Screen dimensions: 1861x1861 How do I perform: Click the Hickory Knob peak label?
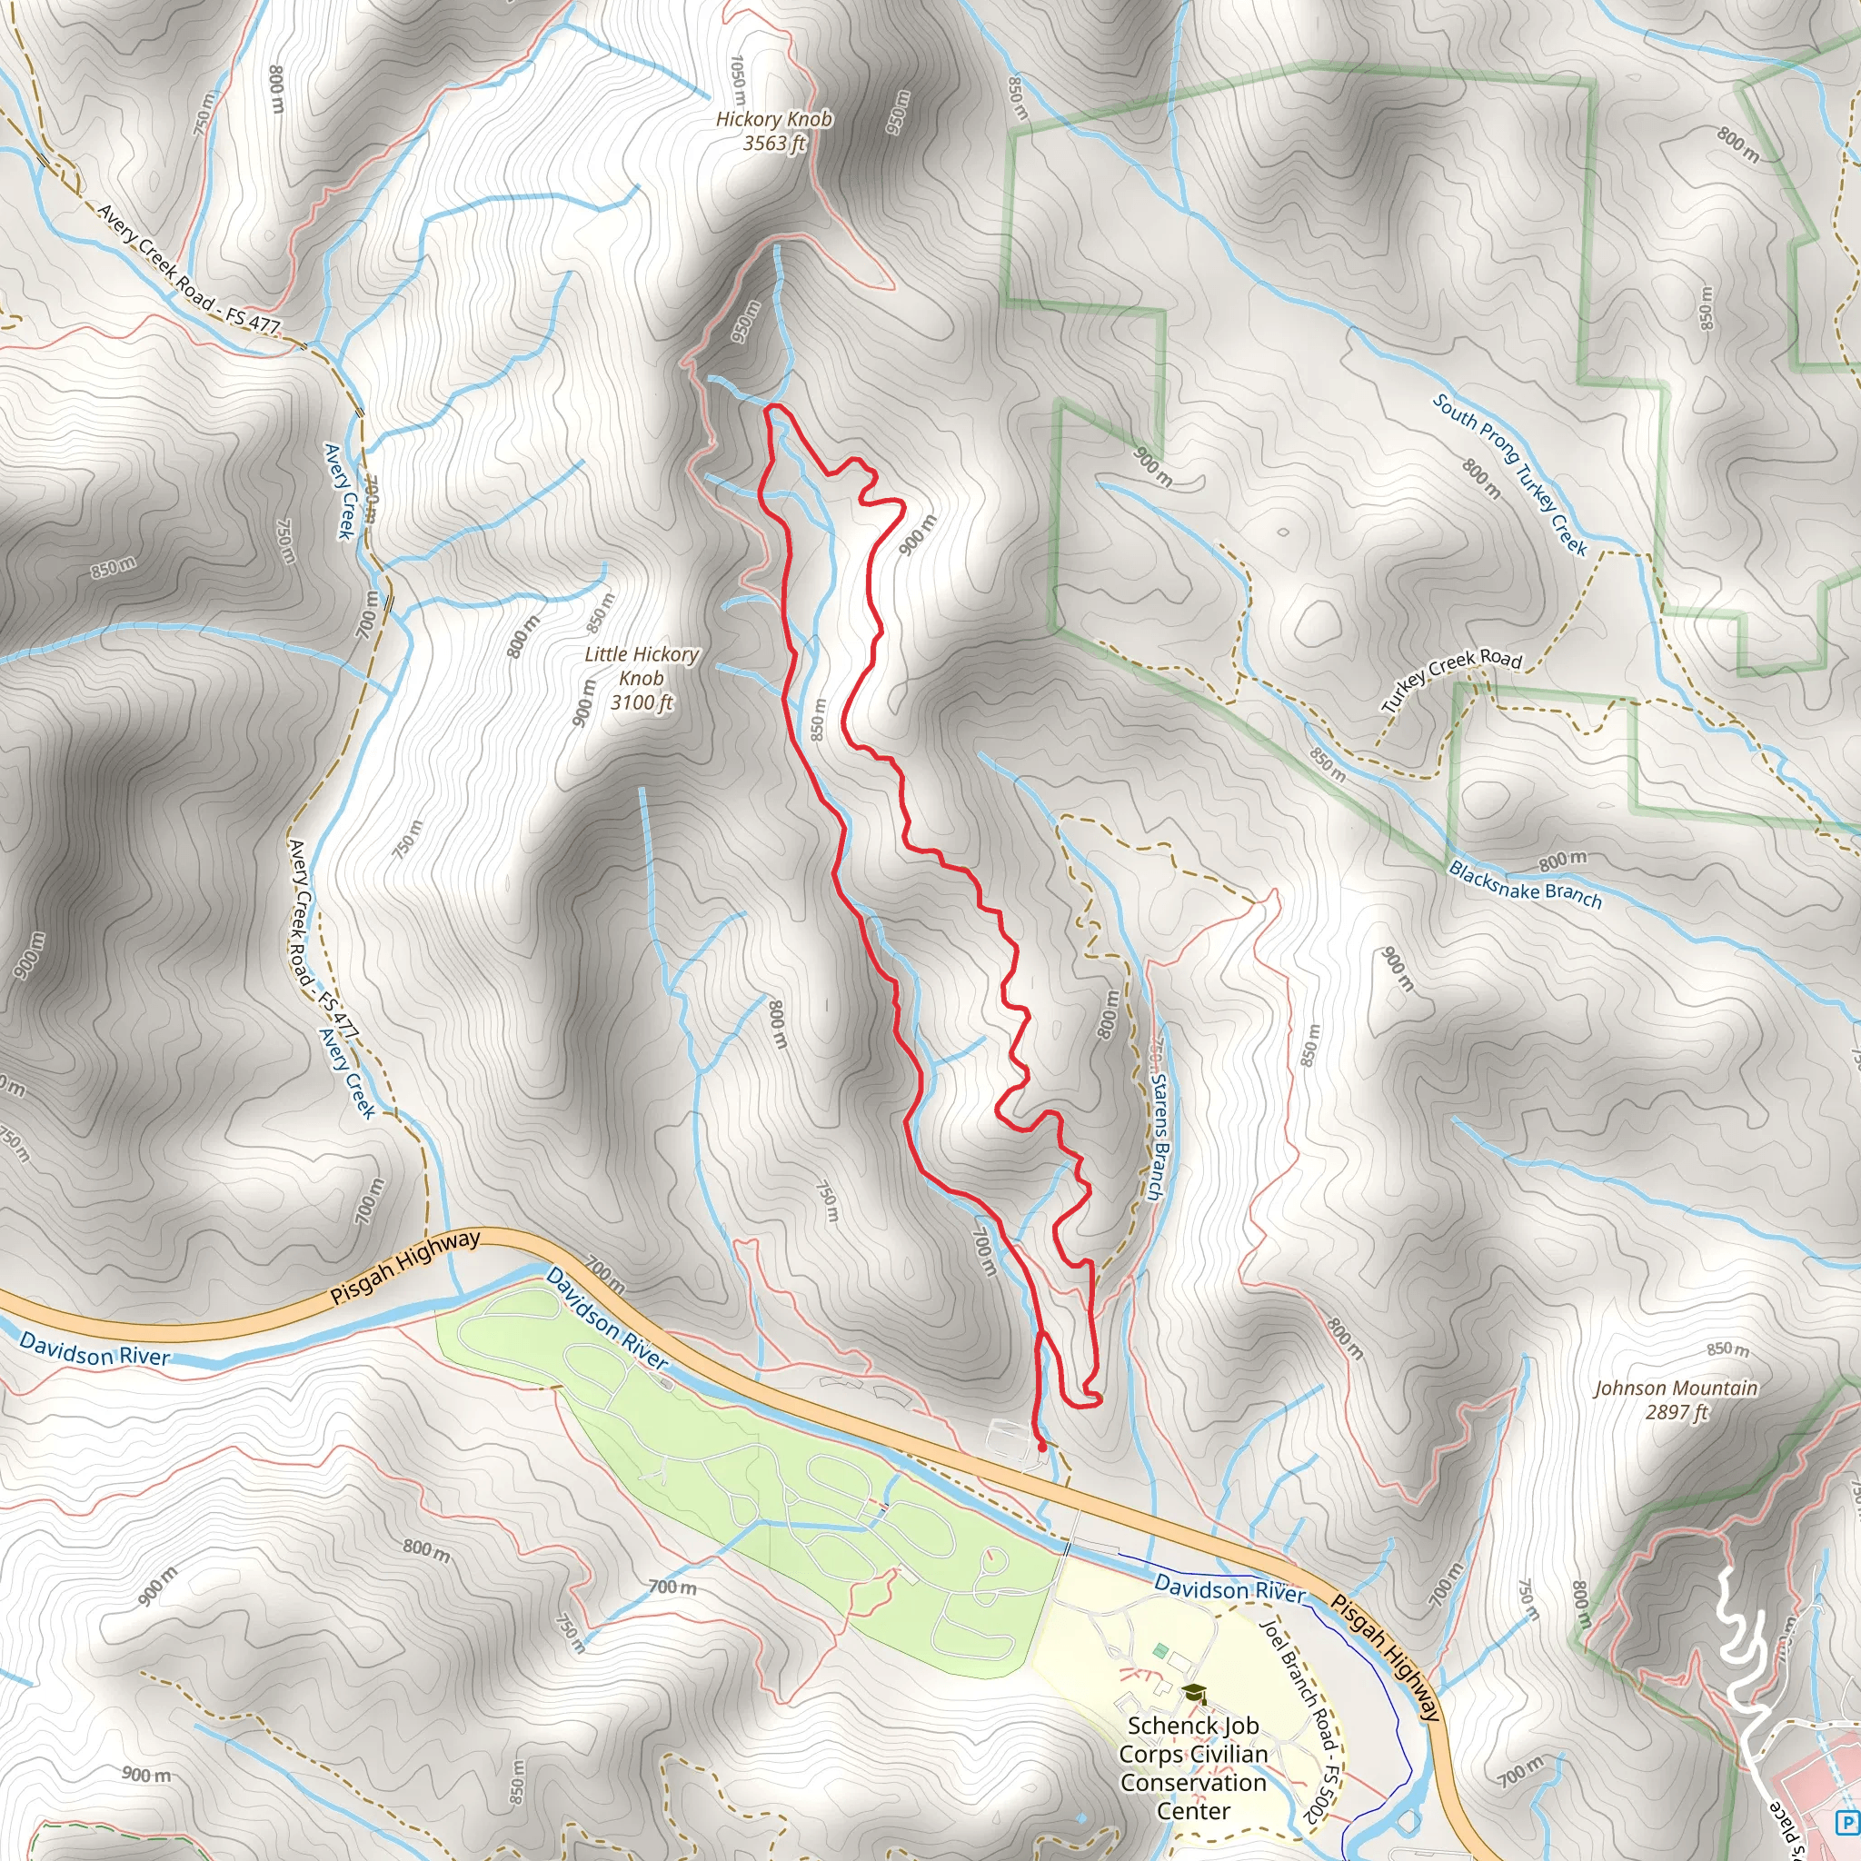pos(773,131)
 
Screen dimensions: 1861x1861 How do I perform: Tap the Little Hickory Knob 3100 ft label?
pos(642,678)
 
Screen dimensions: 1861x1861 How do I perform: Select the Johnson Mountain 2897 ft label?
pos(1675,1399)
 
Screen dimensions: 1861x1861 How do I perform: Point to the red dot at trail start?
pos(1041,1446)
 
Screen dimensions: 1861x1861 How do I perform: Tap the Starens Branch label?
pos(1159,1137)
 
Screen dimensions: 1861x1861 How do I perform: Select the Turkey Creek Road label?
pos(1450,679)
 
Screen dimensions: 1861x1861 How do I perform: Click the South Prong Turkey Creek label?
pos(1508,474)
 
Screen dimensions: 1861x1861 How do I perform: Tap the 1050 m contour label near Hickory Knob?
pos(738,80)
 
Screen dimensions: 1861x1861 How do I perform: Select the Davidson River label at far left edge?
pos(95,1349)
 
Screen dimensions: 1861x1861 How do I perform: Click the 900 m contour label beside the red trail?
pos(917,533)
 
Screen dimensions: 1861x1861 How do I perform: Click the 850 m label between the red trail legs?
pos(818,719)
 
